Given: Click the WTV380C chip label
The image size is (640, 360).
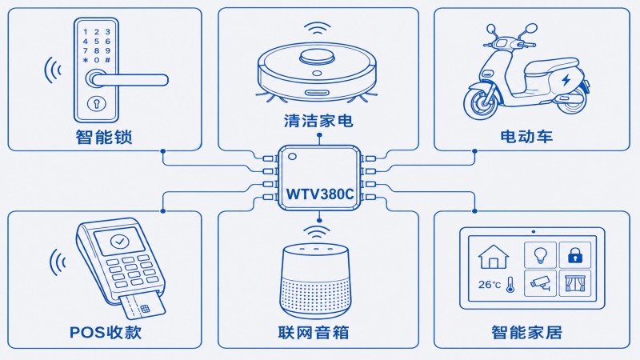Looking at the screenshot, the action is [319, 194].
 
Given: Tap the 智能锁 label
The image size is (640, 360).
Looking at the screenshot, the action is [104, 137].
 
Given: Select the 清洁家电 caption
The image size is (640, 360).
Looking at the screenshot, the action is [318, 121].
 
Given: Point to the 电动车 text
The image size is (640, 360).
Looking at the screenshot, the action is [526, 136].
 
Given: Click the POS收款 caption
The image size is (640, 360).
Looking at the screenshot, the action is [106, 332].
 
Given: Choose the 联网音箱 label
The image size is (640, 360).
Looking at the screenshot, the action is [314, 332].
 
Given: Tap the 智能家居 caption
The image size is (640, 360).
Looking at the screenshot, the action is [526, 332].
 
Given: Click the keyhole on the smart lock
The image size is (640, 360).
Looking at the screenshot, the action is [97, 104].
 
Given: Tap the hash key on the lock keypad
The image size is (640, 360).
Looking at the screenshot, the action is [108, 60].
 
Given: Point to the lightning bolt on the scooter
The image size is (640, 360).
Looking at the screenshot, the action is [566, 80].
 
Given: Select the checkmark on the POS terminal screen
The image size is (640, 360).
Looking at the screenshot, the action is [119, 242].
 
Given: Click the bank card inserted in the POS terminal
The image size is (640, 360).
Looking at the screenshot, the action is [143, 304].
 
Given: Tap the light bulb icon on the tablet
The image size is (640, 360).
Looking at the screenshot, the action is [540, 255].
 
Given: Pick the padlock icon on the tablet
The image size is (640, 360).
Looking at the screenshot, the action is [575, 255].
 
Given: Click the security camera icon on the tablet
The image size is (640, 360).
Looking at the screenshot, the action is [541, 282].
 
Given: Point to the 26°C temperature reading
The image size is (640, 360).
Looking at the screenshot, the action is [490, 285].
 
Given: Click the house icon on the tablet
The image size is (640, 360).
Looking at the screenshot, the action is [494, 256].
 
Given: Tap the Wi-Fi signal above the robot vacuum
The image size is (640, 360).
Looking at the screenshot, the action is [317, 30].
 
